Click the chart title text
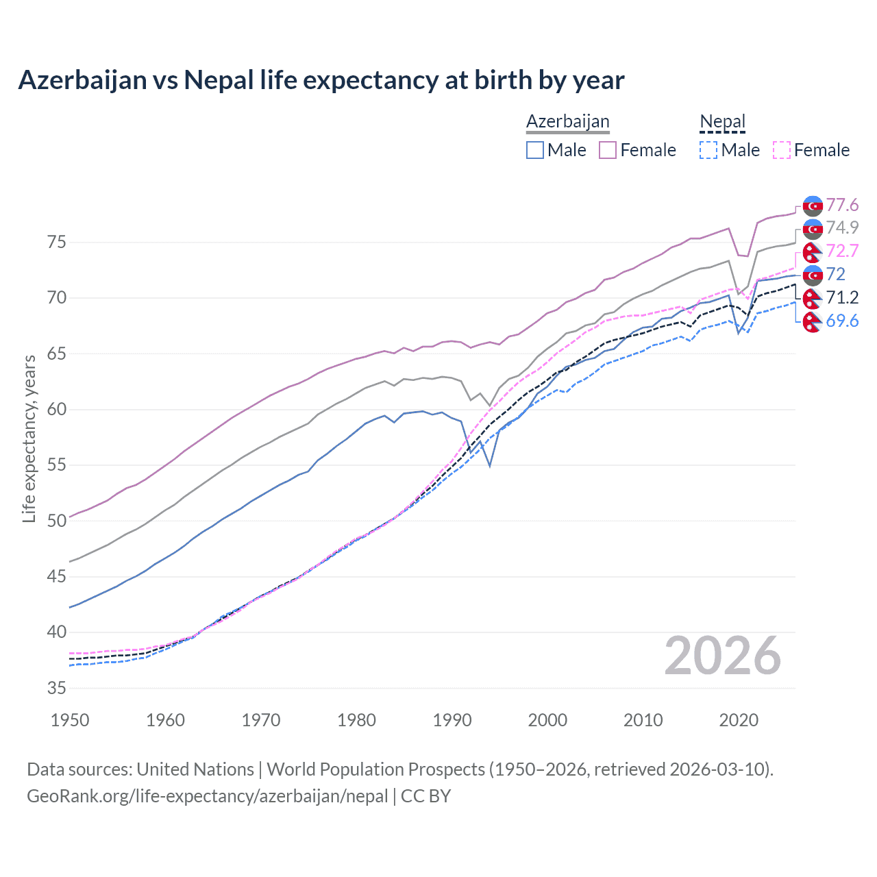point(321,80)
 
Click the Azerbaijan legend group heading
point(567,121)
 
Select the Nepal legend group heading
point(722,121)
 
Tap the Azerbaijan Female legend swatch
point(608,150)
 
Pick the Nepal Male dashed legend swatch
point(708,150)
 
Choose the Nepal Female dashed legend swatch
point(782,150)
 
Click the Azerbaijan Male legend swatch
point(535,150)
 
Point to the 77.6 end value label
point(842,206)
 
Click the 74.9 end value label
point(842,227)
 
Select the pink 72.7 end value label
point(842,251)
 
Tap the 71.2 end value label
point(842,297)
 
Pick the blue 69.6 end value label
point(842,321)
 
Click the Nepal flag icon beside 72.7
point(813,251)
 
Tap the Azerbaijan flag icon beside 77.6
point(813,206)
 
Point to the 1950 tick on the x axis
point(70,720)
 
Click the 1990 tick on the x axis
point(452,720)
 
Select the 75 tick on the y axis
point(56,243)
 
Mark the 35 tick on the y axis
point(56,688)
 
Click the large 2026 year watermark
point(722,656)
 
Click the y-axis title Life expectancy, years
point(29,438)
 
